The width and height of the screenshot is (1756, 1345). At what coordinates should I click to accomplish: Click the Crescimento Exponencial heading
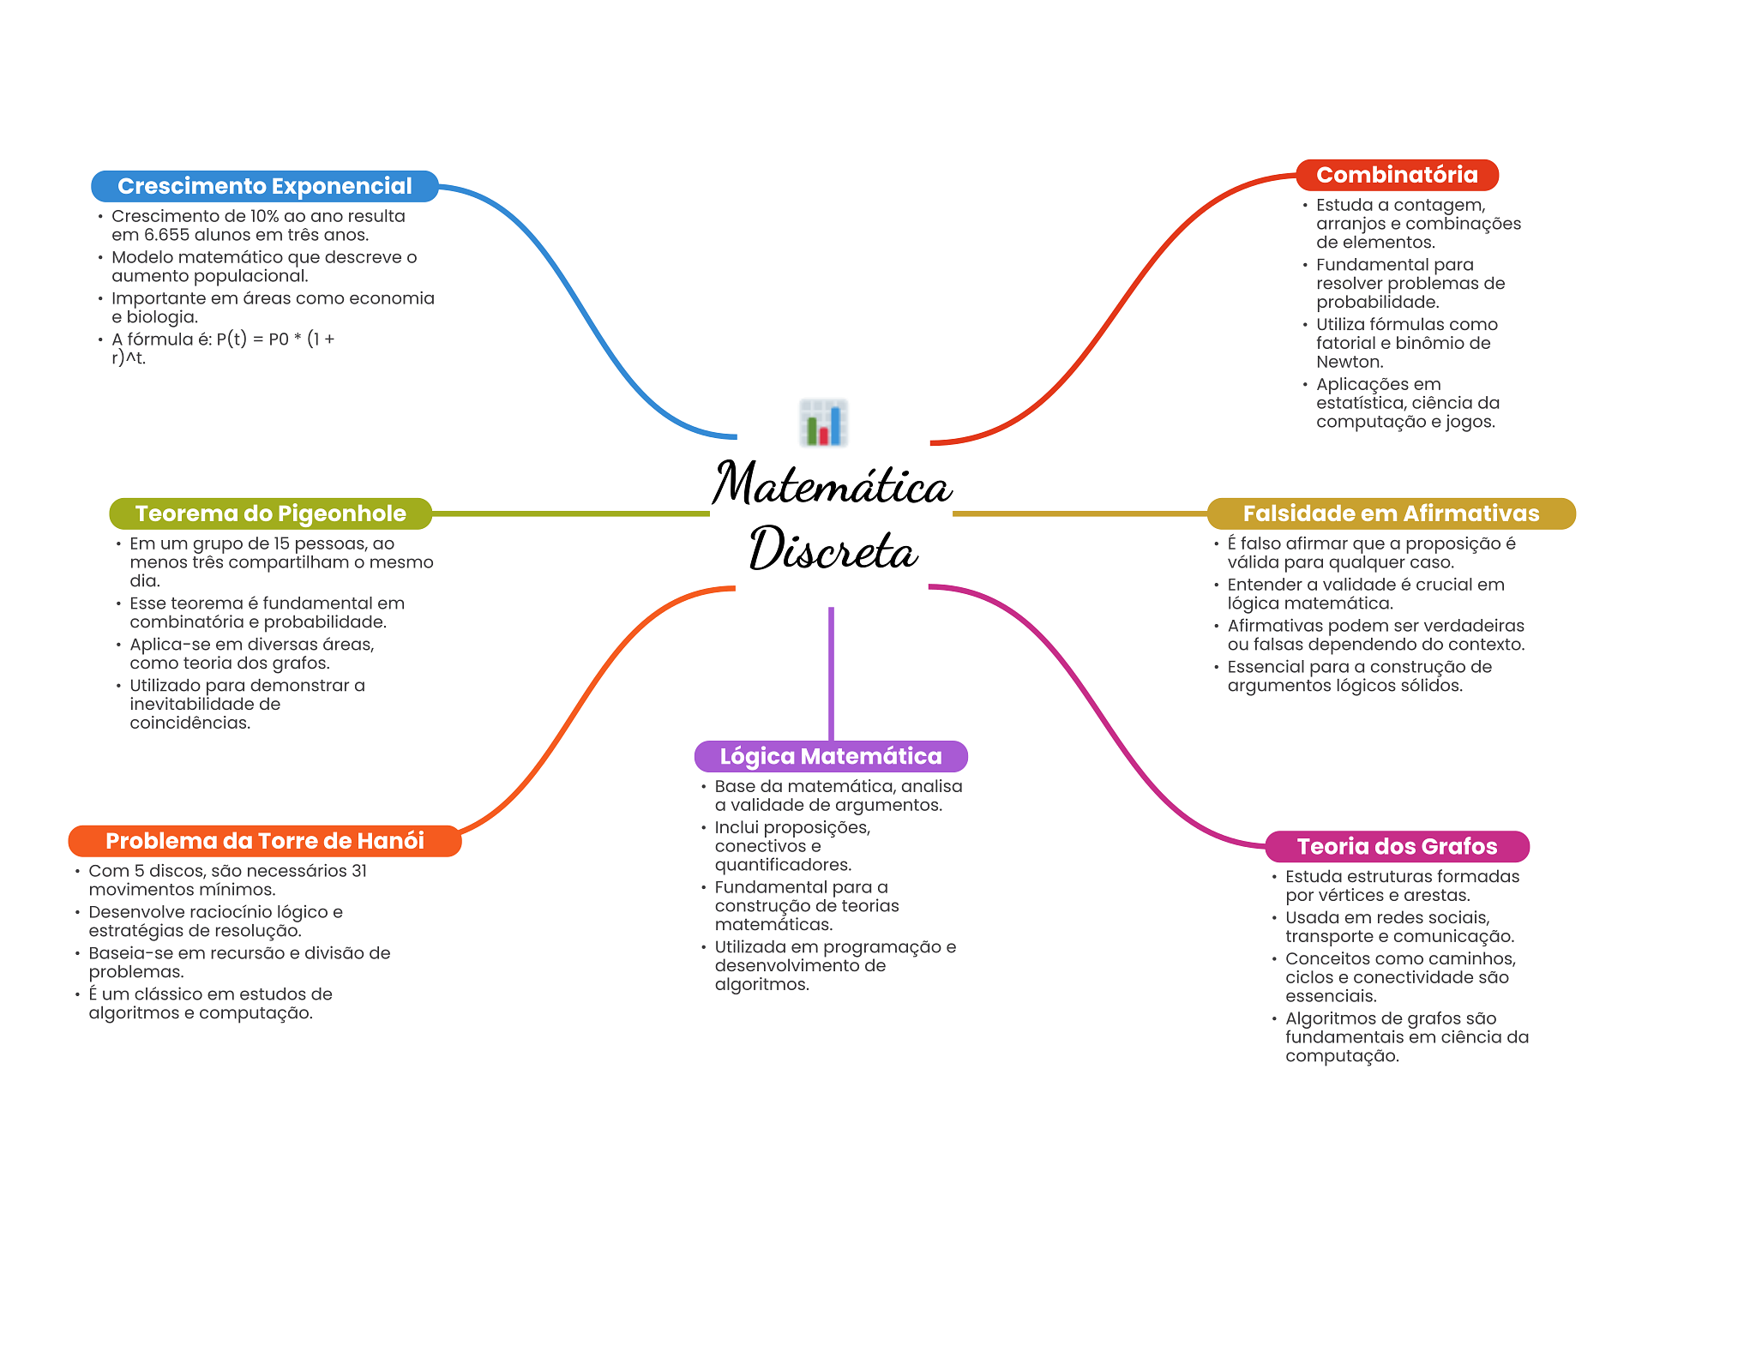(264, 186)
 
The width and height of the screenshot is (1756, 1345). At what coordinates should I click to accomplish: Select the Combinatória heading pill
(1397, 175)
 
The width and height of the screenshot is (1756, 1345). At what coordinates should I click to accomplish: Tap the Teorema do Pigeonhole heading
(270, 513)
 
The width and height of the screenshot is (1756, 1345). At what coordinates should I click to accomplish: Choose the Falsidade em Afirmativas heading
(1391, 513)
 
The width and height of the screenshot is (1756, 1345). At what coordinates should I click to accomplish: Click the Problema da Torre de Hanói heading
(264, 841)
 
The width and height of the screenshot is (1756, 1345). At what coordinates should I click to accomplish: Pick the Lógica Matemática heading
(830, 756)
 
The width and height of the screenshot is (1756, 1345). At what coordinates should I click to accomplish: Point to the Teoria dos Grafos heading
(1397, 847)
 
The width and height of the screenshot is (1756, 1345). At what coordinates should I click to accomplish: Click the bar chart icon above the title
(823, 423)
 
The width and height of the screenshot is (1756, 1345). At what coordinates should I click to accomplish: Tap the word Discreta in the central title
(833, 549)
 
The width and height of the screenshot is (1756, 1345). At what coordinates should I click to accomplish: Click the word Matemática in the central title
(832, 484)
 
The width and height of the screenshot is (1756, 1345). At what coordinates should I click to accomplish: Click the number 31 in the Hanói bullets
(359, 871)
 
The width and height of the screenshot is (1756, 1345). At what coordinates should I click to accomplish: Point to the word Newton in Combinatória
(1349, 362)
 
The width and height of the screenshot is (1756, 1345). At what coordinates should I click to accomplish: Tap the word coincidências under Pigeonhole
(189, 723)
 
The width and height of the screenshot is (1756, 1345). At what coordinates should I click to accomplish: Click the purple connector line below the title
(831, 673)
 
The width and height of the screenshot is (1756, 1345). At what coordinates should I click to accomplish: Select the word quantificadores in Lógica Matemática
(782, 865)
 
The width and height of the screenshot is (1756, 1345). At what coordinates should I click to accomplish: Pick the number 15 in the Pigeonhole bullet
(282, 543)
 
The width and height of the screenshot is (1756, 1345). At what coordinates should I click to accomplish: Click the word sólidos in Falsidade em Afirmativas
(1429, 686)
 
